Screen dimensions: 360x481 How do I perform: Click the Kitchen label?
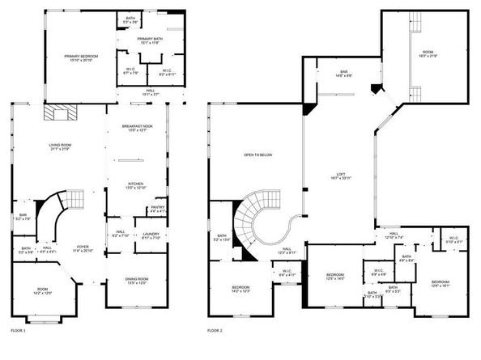pos(135,185)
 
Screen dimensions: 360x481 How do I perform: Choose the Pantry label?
pos(157,209)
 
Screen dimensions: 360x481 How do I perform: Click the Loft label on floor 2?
pos(343,175)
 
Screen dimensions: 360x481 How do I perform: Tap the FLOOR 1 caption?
pos(18,331)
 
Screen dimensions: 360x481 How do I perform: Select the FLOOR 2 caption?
pos(215,331)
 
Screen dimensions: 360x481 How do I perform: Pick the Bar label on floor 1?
pos(23,216)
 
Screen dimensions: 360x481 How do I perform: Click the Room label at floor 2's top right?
pos(427,53)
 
